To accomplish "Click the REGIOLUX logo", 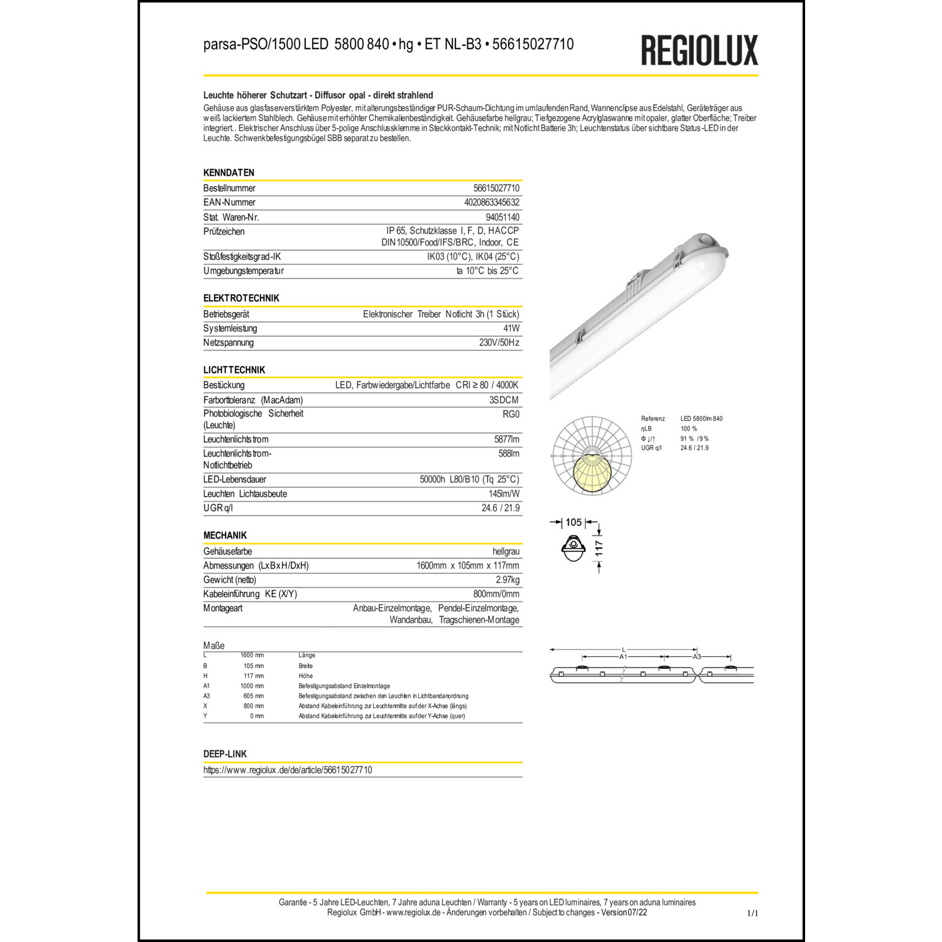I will [x=699, y=50].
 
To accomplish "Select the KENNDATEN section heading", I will [x=229, y=173].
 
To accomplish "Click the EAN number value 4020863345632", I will [x=492, y=202].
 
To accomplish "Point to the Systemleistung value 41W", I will [x=511, y=328].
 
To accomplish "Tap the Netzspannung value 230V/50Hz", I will [x=499, y=343].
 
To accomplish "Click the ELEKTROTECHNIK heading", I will [x=241, y=298].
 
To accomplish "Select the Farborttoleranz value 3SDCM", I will [x=504, y=400].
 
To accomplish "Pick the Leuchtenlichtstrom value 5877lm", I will [x=507, y=440].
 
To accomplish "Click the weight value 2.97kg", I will [x=507, y=580].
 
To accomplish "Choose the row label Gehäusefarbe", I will [x=227, y=551].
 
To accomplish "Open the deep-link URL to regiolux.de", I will [x=288, y=770].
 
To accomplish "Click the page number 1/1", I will [x=752, y=913].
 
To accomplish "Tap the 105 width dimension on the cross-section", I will [x=573, y=522].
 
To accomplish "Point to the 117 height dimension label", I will [x=599, y=548].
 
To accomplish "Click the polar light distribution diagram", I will [x=592, y=456].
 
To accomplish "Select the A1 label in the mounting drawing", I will [x=623, y=657].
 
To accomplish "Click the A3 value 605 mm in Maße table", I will [x=253, y=696].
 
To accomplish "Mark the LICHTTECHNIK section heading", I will [x=234, y=370].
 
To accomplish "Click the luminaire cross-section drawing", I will [x=573, y=548].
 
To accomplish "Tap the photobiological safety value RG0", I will [x=511, y=414].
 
